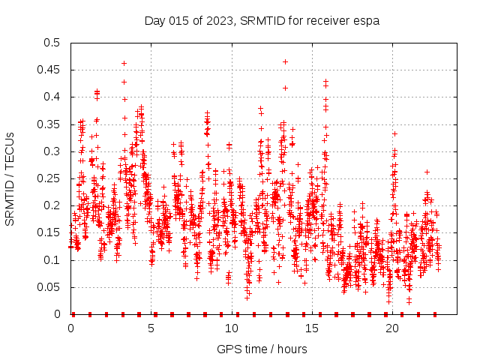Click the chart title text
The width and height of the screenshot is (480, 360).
coord(262,20)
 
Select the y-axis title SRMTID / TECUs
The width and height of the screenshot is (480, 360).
coord(10,178)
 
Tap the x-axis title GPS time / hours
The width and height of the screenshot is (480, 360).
coord(262,349)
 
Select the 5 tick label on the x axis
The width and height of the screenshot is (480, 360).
coord(151,328)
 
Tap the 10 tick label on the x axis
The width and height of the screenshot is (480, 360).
coord(232,328)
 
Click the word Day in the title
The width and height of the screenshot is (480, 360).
coord(155,20)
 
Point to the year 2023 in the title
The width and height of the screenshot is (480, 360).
coord(222,20)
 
